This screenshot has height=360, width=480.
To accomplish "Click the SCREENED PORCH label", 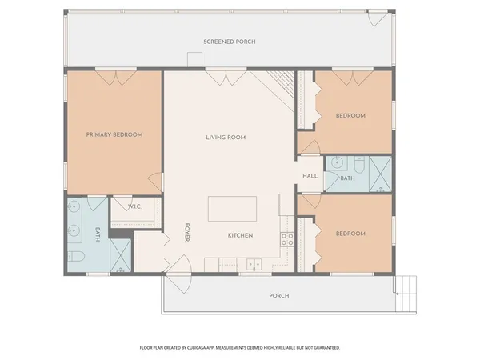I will click(229, 41).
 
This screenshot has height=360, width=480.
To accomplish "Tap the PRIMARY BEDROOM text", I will click(114, 134).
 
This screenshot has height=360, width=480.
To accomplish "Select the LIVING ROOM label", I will click(226, 138).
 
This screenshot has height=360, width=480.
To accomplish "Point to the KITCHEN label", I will click(240, 235).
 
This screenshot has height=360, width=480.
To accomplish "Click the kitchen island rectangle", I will click(233, 209).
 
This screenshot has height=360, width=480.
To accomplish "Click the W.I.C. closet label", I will click(134, 206).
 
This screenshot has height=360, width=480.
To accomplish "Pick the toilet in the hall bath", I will click(359, 166).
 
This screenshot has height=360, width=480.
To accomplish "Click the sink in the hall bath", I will click(338, 161).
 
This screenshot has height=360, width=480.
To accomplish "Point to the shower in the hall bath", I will click(380, 174).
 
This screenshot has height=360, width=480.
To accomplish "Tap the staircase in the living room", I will click(281, 81).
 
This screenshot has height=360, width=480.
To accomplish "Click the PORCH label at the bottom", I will click(278, 296).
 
